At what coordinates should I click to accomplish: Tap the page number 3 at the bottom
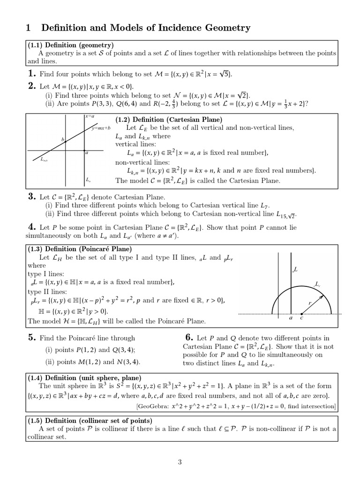point(180,462)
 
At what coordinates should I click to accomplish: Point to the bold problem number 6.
point(189,337)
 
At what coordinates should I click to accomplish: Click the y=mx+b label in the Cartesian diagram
point(101,128)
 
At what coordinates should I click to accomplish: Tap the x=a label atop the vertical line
point(90,116)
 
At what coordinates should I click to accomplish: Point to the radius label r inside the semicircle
point(310,303)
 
